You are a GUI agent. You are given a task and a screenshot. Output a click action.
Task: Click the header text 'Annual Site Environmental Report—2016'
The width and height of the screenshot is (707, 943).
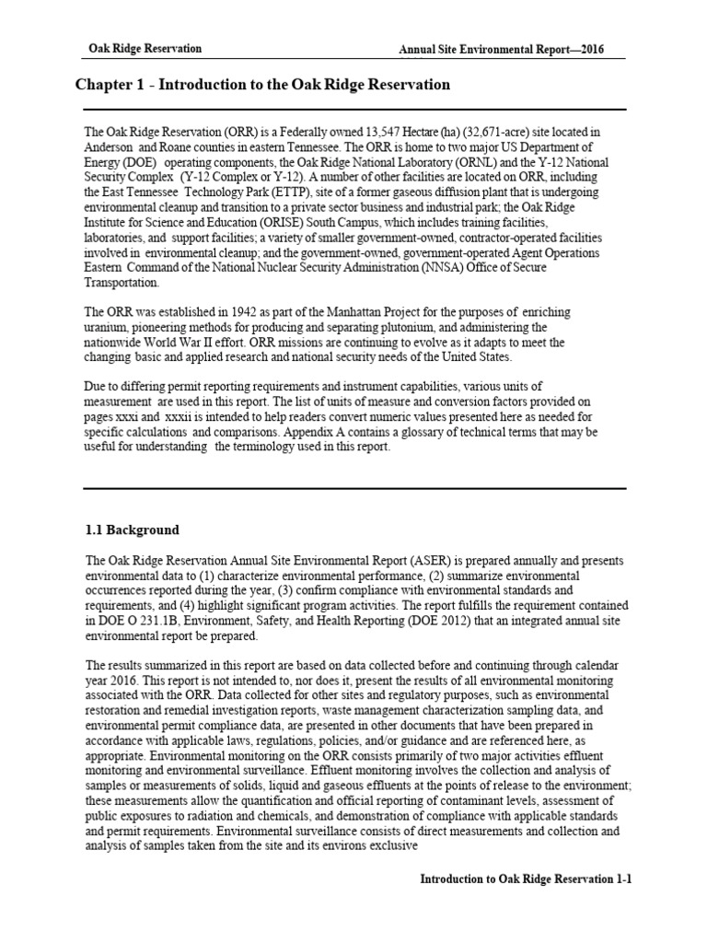503,50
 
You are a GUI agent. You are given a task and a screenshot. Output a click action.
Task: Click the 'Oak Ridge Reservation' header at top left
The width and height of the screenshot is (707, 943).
145,49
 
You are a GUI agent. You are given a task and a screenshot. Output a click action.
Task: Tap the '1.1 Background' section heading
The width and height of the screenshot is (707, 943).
133,530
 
